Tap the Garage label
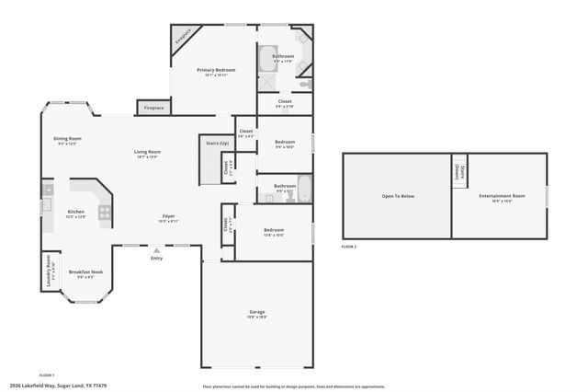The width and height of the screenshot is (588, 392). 257,312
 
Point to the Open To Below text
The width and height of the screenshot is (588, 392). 398,196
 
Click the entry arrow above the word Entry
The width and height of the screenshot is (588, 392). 155,249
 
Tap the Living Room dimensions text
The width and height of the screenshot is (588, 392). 147,157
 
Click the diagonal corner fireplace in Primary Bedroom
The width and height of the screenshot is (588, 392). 182,39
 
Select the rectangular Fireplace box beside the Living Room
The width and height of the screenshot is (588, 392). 153,108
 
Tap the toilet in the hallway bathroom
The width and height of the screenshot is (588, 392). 289,197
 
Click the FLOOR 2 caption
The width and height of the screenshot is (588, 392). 349,247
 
